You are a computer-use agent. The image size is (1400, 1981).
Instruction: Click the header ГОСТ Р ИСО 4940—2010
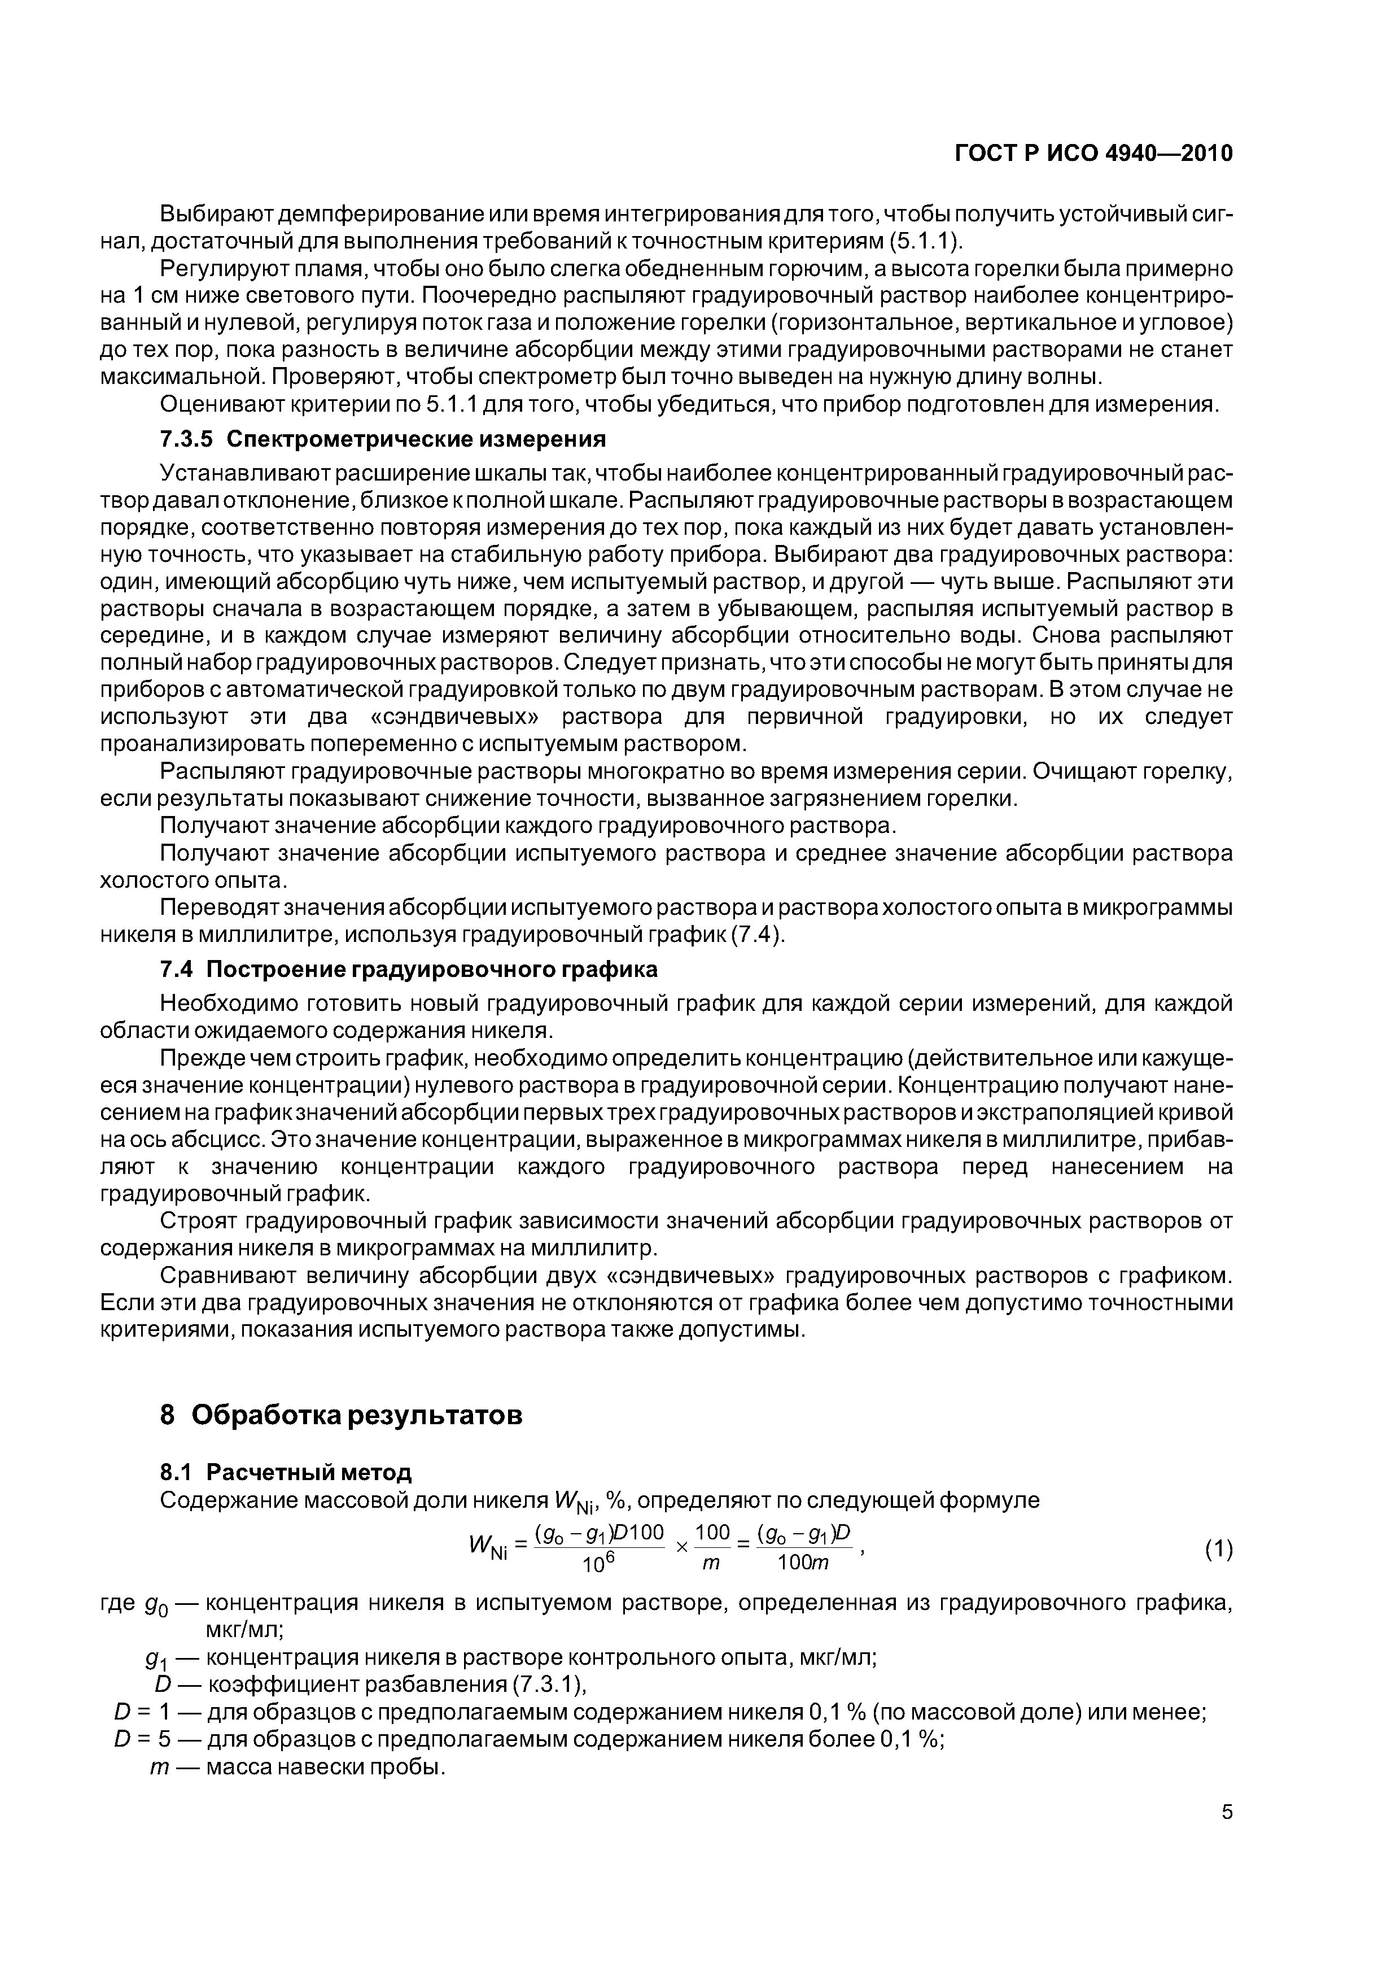1094,154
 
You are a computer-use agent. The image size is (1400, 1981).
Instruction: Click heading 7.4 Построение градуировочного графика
408,969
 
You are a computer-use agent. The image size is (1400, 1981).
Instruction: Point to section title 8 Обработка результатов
341,1416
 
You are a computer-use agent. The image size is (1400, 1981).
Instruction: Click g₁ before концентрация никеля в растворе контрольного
156,1659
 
